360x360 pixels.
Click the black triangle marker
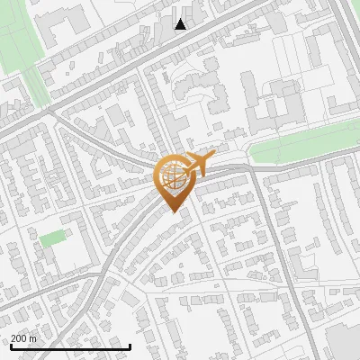point(181,24)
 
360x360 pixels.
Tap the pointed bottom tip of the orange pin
point(173,211)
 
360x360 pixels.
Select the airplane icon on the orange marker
point(200,164)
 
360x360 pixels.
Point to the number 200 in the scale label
point(20,338)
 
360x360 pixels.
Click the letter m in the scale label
point(33,338)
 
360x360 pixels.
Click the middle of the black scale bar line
point(70,346)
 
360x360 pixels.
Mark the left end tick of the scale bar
point(10,346)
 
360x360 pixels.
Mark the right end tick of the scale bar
point(130,346)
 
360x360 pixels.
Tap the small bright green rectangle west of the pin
point(53,238)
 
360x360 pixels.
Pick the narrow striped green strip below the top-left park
point(36,86)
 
